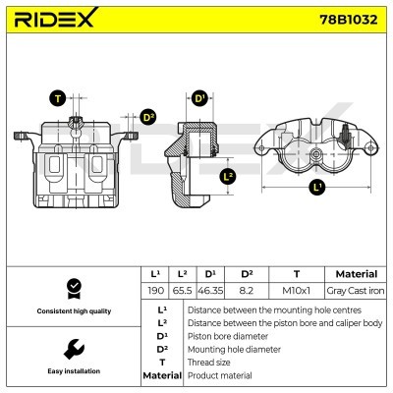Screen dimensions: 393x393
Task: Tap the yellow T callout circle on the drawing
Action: (x=59, y=98)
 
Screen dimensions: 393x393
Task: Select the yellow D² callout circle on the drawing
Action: (x=148, y=117)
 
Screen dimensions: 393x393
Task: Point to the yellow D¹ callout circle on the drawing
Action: (x=198, y=98)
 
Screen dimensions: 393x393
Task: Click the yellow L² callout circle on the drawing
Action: (x=228, y=177)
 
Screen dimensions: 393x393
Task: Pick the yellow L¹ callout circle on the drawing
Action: (x=316, y=186)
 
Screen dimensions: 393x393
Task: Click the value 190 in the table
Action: (x=155, y=292)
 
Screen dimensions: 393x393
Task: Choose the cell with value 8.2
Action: (x=247, y=292)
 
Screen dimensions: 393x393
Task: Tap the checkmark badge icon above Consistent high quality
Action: (x=72, y=287)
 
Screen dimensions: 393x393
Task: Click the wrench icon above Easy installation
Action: (x=72, y=349)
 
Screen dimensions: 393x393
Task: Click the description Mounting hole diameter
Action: (x=236, y=349)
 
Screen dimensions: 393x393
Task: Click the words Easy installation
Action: (x=72, y=372)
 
